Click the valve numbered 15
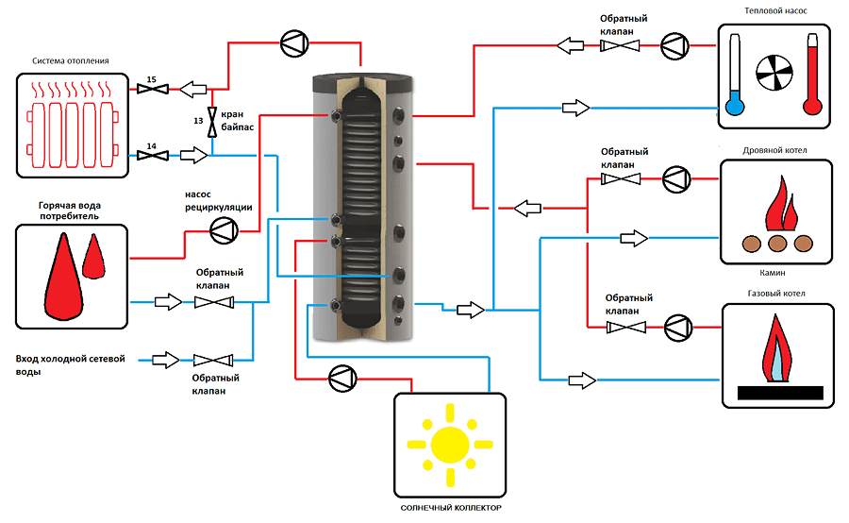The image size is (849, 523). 153,89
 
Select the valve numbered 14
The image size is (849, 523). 153,156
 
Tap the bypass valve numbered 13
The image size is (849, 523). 211,122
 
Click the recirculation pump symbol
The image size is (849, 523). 224,230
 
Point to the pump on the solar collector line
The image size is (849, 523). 342,379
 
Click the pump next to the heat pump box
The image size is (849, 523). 674,45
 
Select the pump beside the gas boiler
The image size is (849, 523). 678,328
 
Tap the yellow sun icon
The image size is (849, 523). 450,445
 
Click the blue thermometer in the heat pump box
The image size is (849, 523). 735,75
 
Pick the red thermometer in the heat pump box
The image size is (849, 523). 812,75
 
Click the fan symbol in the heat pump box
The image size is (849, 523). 774,74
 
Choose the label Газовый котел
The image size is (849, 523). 776,294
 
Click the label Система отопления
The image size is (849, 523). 71,60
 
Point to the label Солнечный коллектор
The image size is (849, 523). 451,508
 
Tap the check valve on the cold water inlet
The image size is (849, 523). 213,360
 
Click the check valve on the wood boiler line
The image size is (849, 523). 621,178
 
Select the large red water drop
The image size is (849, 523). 64,277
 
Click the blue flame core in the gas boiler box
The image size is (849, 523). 777,362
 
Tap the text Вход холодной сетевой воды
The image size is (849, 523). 70,364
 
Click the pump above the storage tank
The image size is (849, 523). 294,42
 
